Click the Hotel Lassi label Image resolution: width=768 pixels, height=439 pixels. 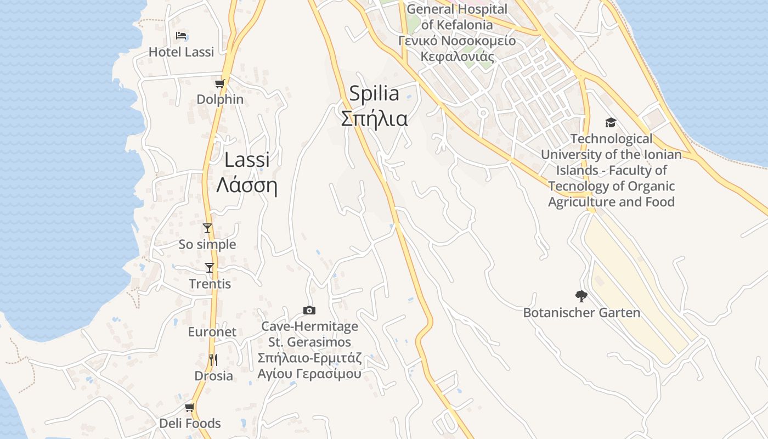pos(181,52)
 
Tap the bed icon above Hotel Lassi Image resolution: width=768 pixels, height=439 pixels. pos(181,36)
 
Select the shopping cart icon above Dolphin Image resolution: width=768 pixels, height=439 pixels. pos(219,84)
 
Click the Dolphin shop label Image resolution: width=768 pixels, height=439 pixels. pos(220,99)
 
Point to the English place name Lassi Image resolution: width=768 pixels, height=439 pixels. pos(247,160)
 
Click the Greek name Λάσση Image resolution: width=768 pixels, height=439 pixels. pos(247,185)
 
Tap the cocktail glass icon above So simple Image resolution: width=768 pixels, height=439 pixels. pos(207,228)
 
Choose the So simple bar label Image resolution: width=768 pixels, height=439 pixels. pos(207,245)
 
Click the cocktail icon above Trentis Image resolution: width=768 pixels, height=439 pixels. pos(209,268)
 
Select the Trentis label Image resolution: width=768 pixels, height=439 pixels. pos(210,284)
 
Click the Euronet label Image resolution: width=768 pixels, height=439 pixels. pos(212,332)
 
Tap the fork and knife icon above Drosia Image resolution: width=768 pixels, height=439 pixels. pos(213,360)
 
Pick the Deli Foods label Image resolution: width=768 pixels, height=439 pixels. pos(190,424)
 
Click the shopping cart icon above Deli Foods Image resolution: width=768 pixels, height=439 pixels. pos(189,408)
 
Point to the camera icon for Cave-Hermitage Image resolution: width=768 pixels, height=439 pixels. pos(309,311)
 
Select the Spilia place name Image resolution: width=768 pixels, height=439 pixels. pos(374,94)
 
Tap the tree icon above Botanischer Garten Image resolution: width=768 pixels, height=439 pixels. pos(581,297)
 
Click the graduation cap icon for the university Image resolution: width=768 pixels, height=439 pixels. pos(611,122)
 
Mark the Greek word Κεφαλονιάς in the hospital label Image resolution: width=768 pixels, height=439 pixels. pos(457,57)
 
